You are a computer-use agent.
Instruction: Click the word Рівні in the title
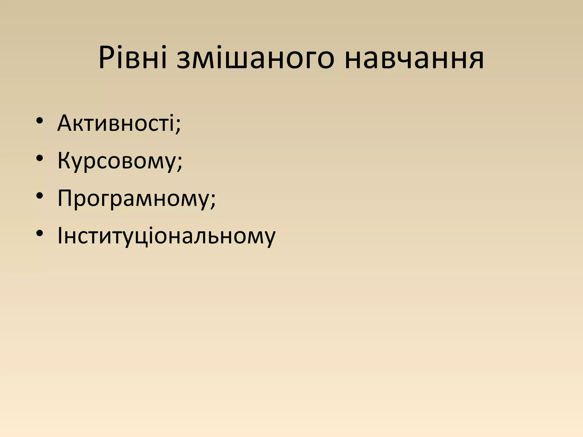(x=132, y=58)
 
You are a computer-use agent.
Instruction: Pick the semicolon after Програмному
(x=213, y=201)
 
